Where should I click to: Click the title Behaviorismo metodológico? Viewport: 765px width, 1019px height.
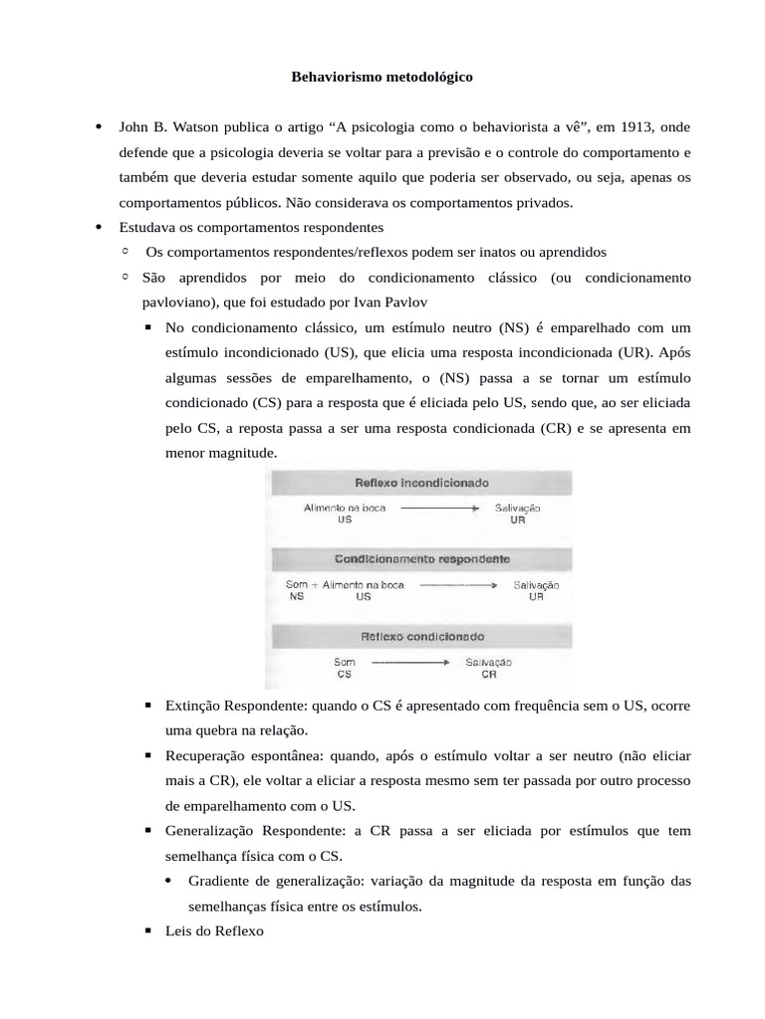pyautogui.click(x=382, y=76)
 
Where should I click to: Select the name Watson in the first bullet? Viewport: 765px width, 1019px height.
pyautogui.click(x=180, y=127)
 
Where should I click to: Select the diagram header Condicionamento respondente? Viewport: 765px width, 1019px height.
pyautogui.click(x=423, y=559)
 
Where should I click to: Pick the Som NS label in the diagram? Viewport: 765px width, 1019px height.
pyautogui.click(x=296, y=591)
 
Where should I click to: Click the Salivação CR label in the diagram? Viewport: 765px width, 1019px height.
pyautogui.click(x=488, y=667)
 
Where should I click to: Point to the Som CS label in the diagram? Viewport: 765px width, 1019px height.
pyautogui.click(x=345, y=667)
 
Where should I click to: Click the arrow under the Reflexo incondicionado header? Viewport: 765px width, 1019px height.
pyautogui.click(x=441, y=508)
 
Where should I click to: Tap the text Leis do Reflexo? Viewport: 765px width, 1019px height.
pyautogui.click(x=214, y=931)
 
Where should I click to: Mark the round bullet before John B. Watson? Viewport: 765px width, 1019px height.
pyautogui.click(x=99, y=127)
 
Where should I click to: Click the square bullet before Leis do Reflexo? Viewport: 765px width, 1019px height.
pyautogui.click(x=147, y=931)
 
